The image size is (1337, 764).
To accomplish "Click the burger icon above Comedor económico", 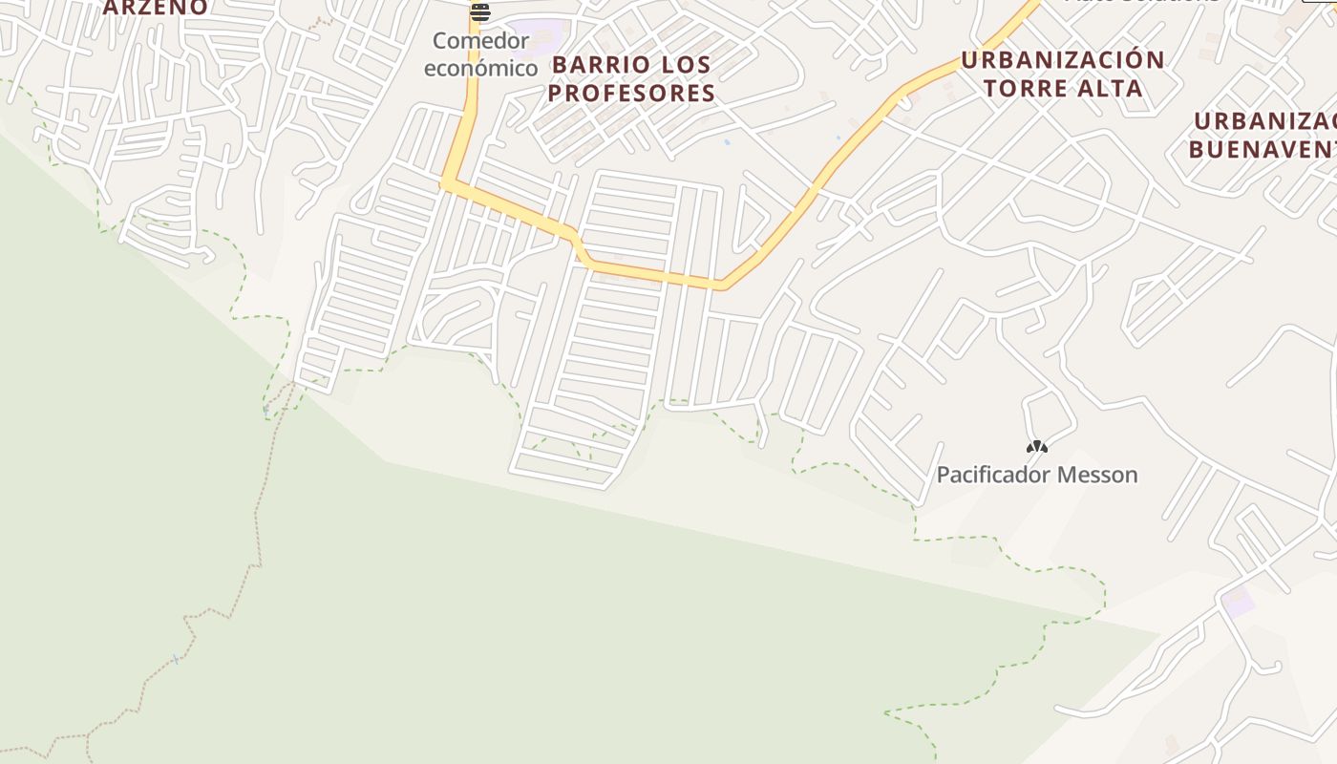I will click(x=479, y=12).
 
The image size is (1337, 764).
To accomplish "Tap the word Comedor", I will click(x=480, y=41).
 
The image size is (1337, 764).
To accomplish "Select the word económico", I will click(x=480, y=68).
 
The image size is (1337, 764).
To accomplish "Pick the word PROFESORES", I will click(x=631, y=93).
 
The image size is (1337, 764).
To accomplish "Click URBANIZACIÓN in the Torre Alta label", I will click(x=1063, y=60).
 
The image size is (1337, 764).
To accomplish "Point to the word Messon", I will click(x=1100, y=475).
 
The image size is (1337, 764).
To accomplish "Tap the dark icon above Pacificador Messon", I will click(x=1037, y=446).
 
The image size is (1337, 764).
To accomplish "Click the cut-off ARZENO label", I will click(x=155, y=8).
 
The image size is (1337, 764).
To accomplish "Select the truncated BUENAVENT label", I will click(x=1262, y=149).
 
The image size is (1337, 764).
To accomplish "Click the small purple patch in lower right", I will click(x=1239, y=603).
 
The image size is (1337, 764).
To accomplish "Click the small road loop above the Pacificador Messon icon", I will click(x=1049, y=413).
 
